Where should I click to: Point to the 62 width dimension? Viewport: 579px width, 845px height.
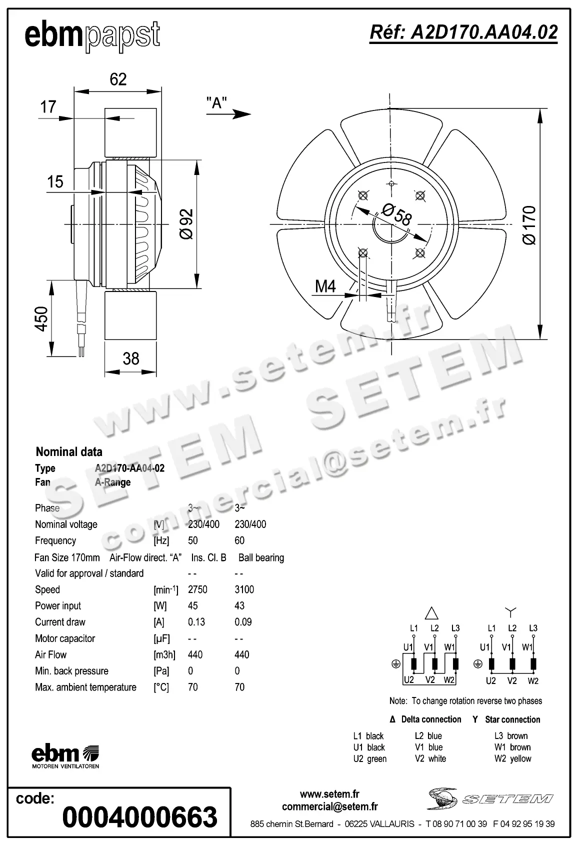(x=118, y=79)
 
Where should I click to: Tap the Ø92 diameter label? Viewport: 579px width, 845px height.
(x=186, y=223)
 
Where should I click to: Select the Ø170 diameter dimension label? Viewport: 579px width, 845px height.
(x=529, y=224)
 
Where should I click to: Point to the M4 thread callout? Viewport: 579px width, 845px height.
(x=325, y=286)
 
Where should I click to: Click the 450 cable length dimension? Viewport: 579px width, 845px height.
(x=41, y=319)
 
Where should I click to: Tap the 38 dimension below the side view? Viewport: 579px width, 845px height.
(x=130, y=358)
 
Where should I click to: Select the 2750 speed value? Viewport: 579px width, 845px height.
(x=197, y=589)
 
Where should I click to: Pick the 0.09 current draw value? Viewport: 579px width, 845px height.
(x=243, y=622)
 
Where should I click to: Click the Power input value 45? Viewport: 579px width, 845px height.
(x=192, y=605)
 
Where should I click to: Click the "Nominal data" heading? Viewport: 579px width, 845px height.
(x=69, y=452)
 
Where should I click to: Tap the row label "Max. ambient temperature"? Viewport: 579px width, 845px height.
(x=85, y=687)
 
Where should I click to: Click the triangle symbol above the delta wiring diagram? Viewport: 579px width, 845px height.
(x=431, y=613)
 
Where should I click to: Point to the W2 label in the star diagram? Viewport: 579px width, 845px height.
(x=533, y=680)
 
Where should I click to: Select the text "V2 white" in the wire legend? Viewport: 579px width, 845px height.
(x=430, y=758)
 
